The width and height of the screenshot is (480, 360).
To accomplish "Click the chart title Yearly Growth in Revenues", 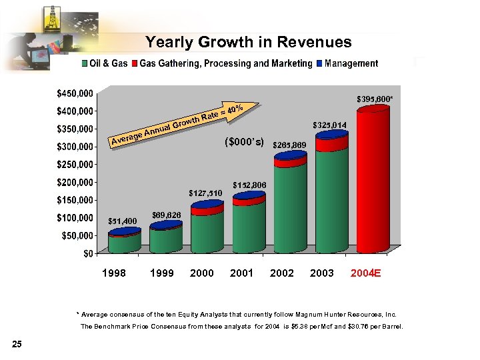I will point(248,43).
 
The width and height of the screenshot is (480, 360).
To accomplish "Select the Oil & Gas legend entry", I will point(104,64).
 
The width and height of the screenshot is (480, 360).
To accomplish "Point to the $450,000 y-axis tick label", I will point(75,93).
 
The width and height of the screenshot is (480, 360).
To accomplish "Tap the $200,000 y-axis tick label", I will point(75,182).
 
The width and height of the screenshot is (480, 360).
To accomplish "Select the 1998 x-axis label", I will point(113,273).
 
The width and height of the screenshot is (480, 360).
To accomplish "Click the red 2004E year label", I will point(365,273).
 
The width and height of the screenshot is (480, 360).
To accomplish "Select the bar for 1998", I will point(125,241).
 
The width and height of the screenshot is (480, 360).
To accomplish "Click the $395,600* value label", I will point(373,98).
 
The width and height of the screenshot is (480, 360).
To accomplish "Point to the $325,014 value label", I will point(330,125).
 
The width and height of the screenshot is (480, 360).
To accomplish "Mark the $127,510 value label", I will point(205,193).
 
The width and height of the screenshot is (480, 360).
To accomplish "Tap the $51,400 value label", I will point(122,221).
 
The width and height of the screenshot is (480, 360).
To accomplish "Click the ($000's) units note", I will point(245,142).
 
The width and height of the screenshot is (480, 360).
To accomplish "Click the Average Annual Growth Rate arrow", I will point(187,123).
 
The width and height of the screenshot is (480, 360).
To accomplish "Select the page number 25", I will point(17,344).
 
